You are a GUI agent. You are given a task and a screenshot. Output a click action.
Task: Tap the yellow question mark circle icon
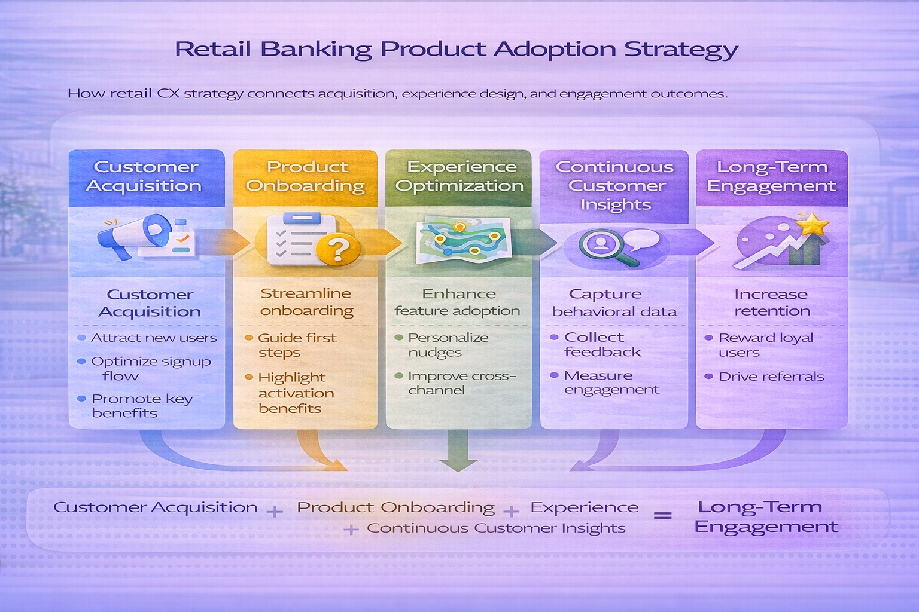[x=338, y=249]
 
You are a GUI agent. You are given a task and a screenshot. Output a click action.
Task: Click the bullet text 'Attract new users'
[x=153, y=338]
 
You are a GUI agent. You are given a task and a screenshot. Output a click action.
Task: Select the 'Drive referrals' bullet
[x=771, y=377]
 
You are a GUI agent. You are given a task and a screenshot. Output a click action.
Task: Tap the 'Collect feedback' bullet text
[x=601, y=345]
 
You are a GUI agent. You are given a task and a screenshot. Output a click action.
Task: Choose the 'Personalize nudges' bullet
[x=448, y=345]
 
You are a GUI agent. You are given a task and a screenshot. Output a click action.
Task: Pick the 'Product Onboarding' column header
[x=305, y=176]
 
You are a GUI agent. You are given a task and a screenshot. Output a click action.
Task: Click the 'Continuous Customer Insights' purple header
[x=614, y=185]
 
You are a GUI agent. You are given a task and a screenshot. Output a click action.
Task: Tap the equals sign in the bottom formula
[x=662, y=515]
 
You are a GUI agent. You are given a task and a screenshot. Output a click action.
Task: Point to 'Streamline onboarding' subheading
[x=306, y=302]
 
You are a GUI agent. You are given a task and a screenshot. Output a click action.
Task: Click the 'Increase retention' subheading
[x=771, y=302]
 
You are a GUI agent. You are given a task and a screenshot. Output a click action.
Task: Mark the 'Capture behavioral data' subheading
[x=614, y=302]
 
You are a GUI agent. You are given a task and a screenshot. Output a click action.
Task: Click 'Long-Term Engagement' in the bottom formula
[x=765, y=517]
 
